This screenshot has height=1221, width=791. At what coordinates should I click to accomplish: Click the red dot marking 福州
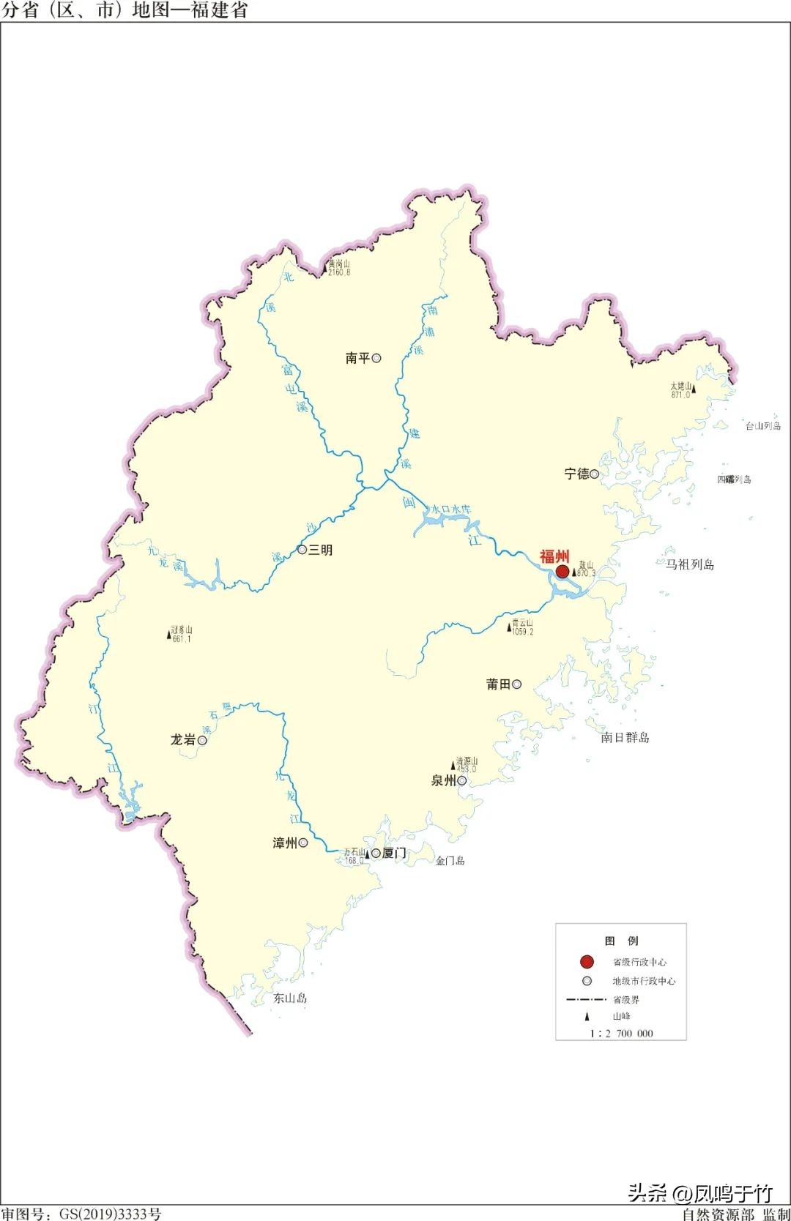pos(562,571)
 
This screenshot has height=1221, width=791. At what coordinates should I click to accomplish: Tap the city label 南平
pos(358,358)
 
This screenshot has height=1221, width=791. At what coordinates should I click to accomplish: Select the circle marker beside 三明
pos(302,550)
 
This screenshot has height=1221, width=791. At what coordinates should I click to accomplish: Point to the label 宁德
pos(576,474)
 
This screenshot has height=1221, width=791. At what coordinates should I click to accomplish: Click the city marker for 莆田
pos(517,684)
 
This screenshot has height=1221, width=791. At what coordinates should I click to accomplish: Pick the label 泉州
pos(443,780)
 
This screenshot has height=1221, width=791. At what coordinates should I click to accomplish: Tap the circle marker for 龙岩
pos(202,740)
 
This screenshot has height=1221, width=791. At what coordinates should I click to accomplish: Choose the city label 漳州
pos(285,843)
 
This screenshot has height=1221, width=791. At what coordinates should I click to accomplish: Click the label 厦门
pos(394,853)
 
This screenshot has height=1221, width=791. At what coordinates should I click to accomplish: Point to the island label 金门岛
pos(450,861)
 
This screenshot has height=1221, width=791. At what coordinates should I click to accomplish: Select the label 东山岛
pos(290,998)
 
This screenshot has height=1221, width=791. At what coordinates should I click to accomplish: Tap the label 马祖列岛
pos(689,564)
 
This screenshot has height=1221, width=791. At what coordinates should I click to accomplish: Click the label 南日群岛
pos(625,737)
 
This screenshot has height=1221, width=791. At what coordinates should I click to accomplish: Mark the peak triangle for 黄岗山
pos(324,271)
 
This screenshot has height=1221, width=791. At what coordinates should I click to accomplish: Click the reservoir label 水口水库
pos(451,509)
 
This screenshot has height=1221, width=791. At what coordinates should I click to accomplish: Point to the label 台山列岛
pos(763,426)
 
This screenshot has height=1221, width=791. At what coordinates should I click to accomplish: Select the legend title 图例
pos(621,941)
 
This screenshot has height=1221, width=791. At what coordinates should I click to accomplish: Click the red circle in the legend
pos(587,961)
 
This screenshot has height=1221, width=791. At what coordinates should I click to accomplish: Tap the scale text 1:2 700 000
pos(621,1033)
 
